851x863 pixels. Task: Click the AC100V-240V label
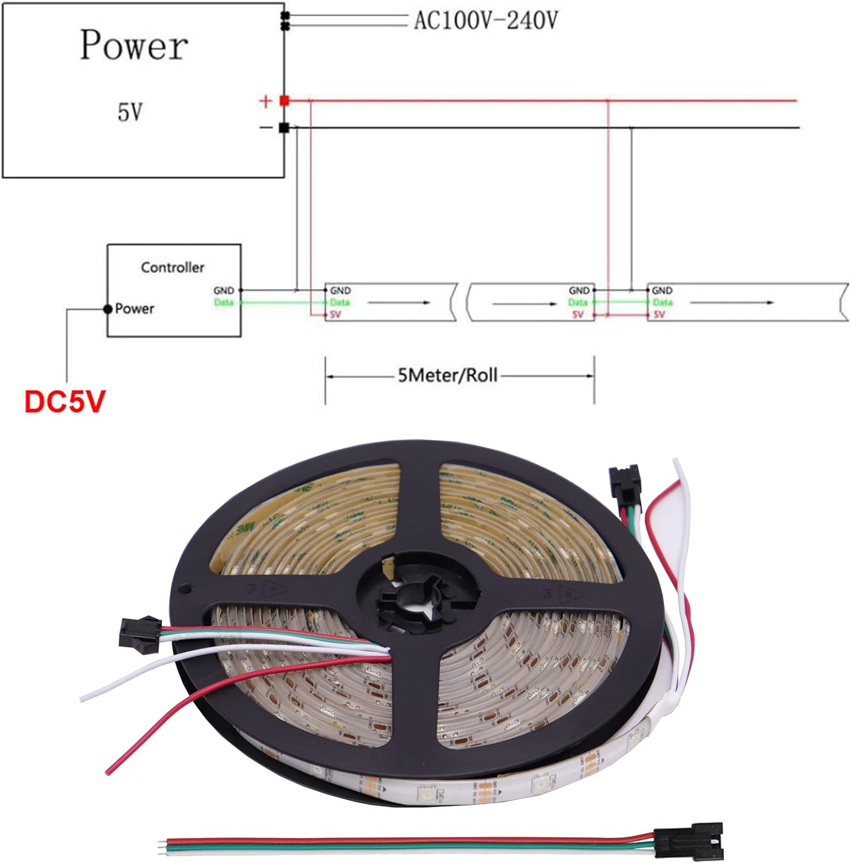tap(486, 21)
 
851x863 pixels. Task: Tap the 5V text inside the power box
tap(130, 112)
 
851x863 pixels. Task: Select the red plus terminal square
tap(284, 101)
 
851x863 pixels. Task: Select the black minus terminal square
tap(283, 128)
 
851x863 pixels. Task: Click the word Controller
tap(172, 268)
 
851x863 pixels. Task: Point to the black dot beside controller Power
tap(108, 309)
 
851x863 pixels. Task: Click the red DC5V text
tap(65, 402)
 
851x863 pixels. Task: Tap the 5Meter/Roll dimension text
tap(447, 376)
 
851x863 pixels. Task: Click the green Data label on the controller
tap(224, 303)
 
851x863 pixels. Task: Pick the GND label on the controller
tap(224, 291)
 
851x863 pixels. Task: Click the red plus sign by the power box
tap(265, 102)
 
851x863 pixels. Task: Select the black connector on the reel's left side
tap(139, 635)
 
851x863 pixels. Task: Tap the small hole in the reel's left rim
tap(187, 589)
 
